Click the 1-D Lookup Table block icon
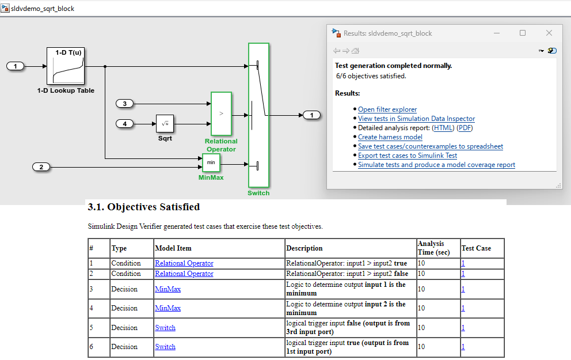coord(66,66)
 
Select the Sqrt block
coord(165,123)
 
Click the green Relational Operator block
coord(221,113)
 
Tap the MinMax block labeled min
coord(211,163)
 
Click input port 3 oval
coord(125,104)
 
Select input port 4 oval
coord(125,123)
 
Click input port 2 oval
coord(41,167)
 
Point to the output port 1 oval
coord(311,115)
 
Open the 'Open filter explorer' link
coord(387,109)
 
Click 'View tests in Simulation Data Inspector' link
coord(416,119)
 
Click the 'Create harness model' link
coord(390,137)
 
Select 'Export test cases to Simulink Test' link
coord(408,156)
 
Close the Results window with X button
coord(549,33)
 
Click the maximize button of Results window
coord(523,33)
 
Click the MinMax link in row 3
coord(168,289)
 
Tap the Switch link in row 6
coord(165,347)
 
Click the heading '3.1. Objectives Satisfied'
coord(143,206)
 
